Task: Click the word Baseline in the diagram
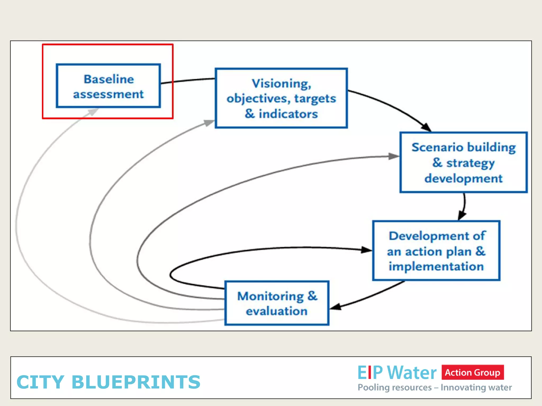click(109, 79)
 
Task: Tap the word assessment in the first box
click(108, 94)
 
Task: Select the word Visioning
click(281, 84)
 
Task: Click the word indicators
click(288, 114)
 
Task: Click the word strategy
click(470, 163)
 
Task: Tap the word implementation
click(436, 266)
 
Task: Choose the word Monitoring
click(270, 296)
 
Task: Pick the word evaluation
click(277, 311)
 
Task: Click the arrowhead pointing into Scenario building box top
click(426, 127)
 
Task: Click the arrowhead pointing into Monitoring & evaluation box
click(336, 307)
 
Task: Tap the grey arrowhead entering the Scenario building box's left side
click(394, 156)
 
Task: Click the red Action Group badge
click(472, 372)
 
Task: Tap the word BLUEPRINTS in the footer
click(136, 382)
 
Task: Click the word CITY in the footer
click(40, 382)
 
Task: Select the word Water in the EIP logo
click(412, 373)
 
